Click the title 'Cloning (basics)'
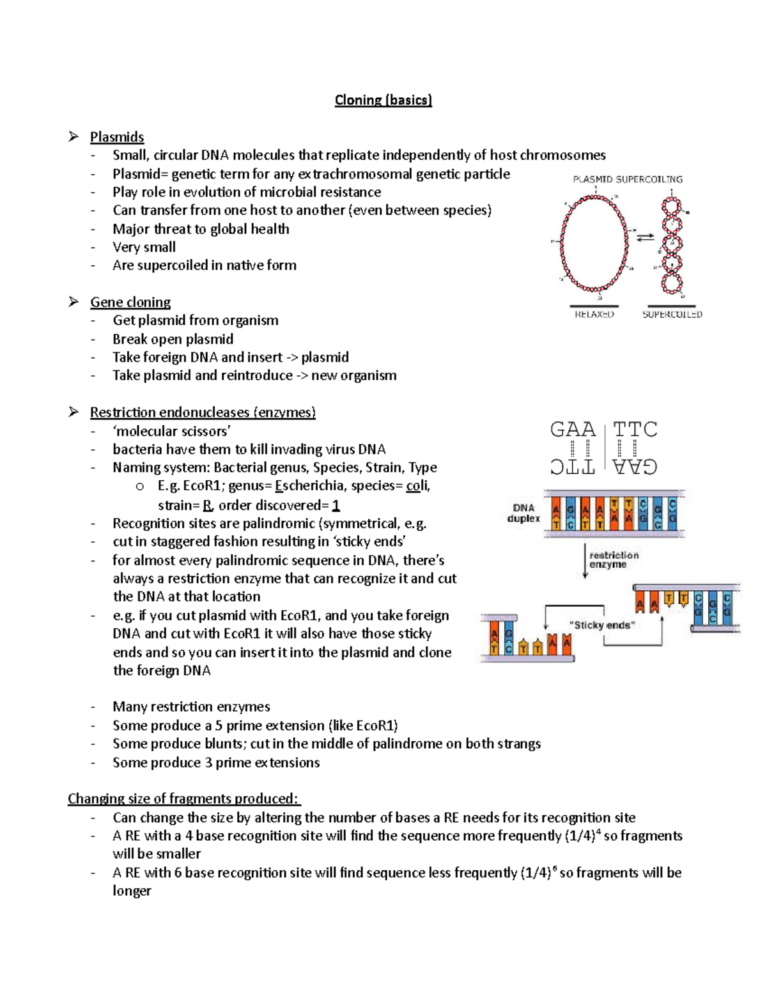click(x=383, y=100)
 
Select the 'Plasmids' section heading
click(x=116, y=137)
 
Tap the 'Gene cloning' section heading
click(x=130, y=302)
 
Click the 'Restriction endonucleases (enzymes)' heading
click(x=203, y=412)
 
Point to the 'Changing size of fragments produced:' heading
click(x=183, y=799)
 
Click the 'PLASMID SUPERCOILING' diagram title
click(x=627, y=179)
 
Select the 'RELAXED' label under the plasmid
click(x=594, y=315)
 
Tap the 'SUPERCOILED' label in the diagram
click(x=672, y=315)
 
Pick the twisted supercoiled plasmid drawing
click(x=671, y=246)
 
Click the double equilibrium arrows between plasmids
click(x=645, y=237)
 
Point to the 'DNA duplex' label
click(x=523, y=513)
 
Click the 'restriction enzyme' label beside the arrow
click(x=614, y=559)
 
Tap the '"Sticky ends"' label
click(x=602, y=625)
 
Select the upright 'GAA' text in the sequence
click(x=573, y=429)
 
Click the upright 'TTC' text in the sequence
click(x=635, y=429)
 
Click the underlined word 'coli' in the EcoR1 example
click(x=417, y=486)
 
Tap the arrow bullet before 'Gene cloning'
click(x=74, y=302)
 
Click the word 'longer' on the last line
click(x=132, y=891)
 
